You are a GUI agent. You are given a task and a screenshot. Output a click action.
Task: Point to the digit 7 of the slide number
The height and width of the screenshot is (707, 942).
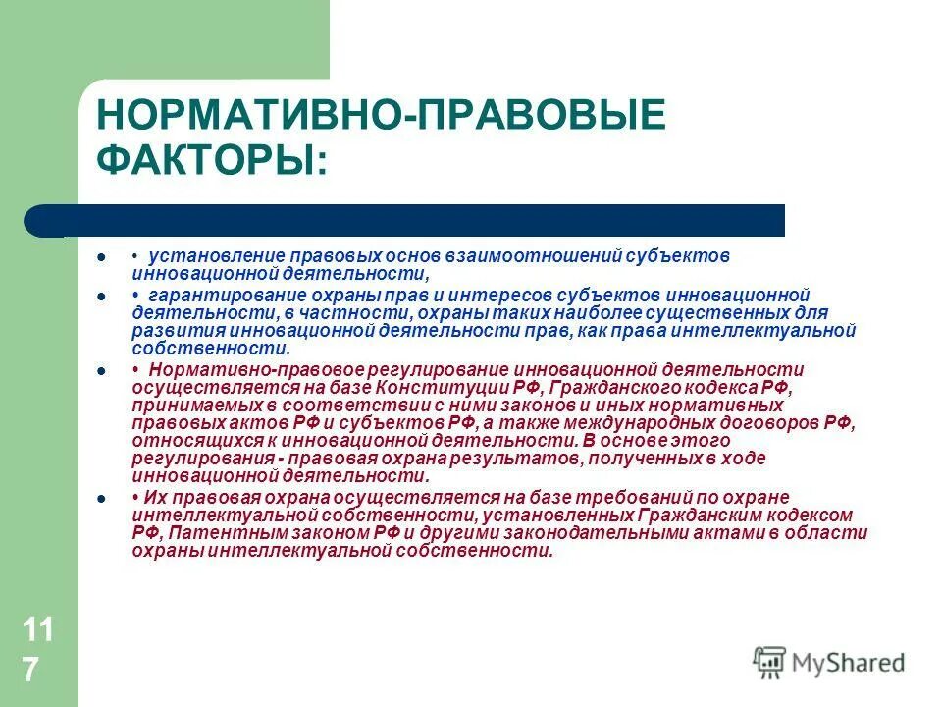click(31, 670)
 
